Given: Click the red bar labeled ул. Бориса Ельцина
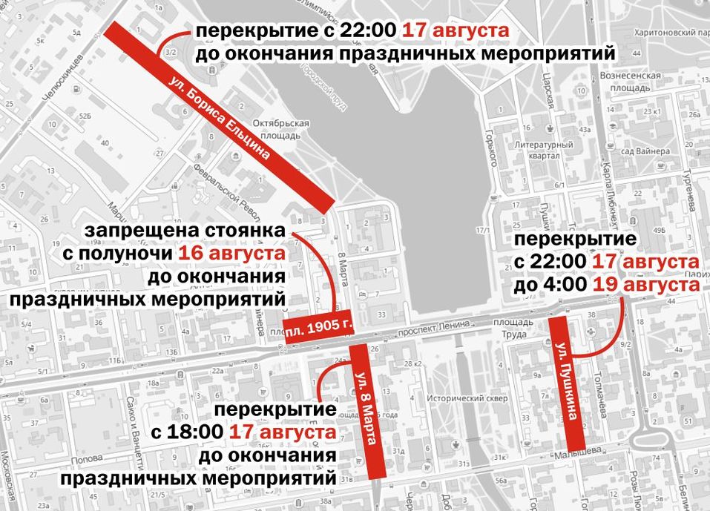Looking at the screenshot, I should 219,115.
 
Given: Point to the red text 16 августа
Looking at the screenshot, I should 232,254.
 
